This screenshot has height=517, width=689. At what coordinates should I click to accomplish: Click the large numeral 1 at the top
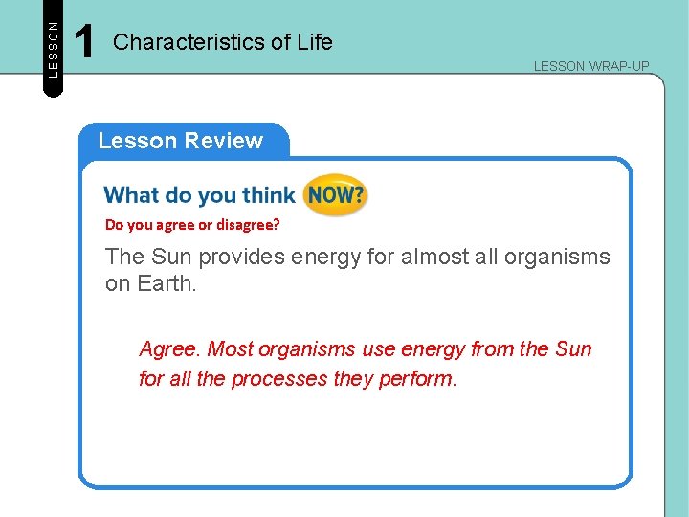[x=84, y=43]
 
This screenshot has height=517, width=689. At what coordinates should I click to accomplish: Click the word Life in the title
[x=315, y=42]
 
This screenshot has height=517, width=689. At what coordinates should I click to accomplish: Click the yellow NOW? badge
[x=334, y=195]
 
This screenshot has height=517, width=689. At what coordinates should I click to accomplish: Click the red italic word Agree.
[x=169, y=349]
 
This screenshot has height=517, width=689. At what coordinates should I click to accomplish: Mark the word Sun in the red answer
[x=572, y=349]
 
